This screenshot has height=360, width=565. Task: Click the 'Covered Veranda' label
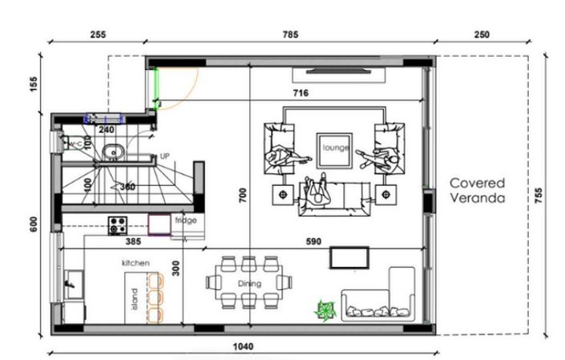(x=476, y=189)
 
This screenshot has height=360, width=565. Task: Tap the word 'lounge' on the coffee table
(x=334, y=148)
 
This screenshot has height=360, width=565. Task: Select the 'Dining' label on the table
(x=249, y=283)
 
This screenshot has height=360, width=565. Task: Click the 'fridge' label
(x=185, y=220)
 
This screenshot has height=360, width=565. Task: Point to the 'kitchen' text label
(x=136, y=263)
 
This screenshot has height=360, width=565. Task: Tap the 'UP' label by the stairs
(x=164, y=156)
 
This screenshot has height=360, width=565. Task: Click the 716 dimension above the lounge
(x=300, y=94)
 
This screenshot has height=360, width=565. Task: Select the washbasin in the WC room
(x=114, y=150)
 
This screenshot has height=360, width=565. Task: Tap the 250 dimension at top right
(x=482, y=34)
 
